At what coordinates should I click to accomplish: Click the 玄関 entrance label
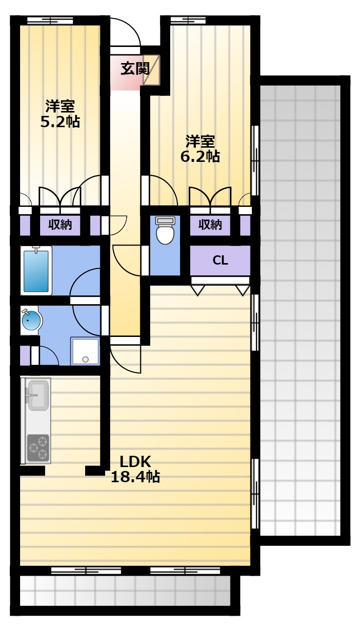pyautogui.click(x=135, y=69)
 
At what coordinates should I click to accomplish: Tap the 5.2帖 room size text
pyautogui.click(x=60, y=122)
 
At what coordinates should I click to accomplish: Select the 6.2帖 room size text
pyautogui.click(x=200, y=157)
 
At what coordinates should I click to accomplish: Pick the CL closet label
pyautogui.click(x=221, y=261)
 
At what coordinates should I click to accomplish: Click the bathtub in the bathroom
pyautogui.click(x=36, y=270)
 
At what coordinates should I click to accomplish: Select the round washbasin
pyautogui.click(x=31, y=320)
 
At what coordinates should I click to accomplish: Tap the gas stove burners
pyautogui.click(x=38, y=448)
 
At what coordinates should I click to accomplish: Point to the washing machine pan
pyautogui.click(x=85, y=351)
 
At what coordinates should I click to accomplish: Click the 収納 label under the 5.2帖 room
pyautogui.click(x=60, y=224)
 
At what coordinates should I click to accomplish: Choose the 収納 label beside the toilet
pyautogui.click(x=210, y=224)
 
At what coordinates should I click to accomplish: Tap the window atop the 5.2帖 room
pyautogui.click(x=50, y=21)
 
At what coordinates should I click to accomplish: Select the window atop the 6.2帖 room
pyautogui.click(x=188, y=21)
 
